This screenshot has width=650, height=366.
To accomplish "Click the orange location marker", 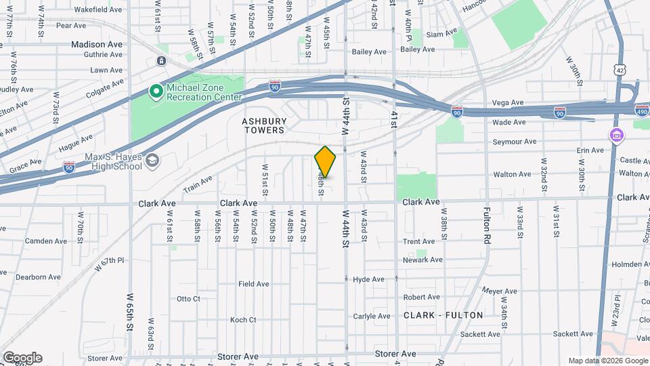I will click(326, 161).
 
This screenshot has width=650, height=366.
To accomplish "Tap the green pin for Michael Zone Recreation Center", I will click(156, 89).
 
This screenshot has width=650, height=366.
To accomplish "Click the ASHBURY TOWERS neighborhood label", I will click(265, 125).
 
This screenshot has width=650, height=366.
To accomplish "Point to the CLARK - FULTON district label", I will click(443, 315).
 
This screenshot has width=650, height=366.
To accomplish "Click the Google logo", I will click(22, 357).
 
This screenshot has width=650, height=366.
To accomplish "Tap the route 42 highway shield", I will click(620, 69).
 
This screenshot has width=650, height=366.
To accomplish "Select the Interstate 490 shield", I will click(643, 110).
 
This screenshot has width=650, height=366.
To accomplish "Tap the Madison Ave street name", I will click(97, 44).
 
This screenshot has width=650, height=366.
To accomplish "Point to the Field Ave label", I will click(254, 284).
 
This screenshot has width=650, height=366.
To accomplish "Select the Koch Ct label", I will click(243, 320).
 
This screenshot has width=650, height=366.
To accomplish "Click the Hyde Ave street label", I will click(368, 279).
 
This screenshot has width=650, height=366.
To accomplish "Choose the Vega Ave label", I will click(508, 103).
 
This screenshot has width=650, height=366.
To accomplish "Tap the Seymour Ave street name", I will click(514, 142).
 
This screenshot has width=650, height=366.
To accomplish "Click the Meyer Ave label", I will click(500, 291).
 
